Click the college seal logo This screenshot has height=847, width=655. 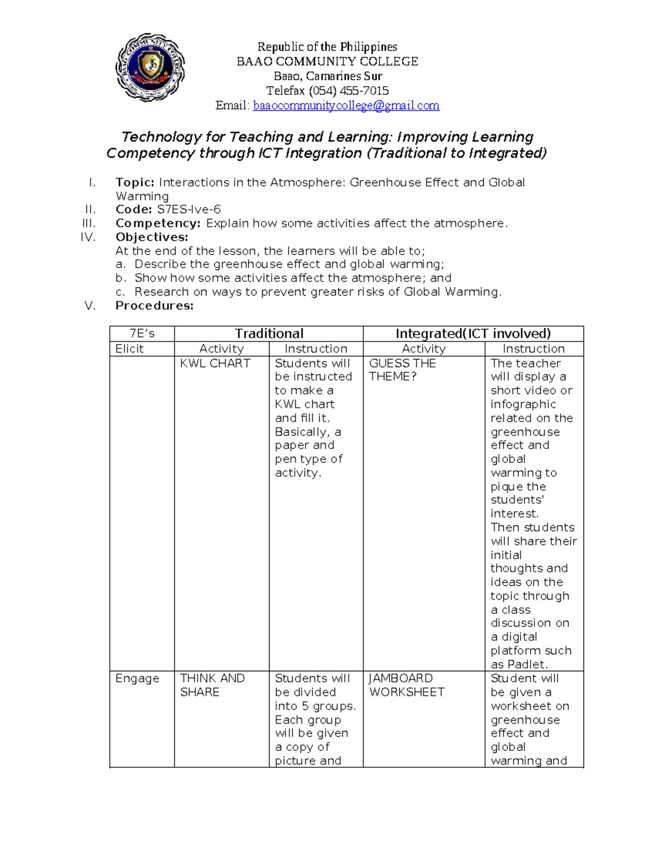(x=150, y=68)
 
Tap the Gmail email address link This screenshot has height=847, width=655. (x=346, y=105)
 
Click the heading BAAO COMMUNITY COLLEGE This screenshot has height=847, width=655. (x=327, y=61)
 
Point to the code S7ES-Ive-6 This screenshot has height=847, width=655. (x=189, y=209)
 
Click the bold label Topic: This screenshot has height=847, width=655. (x=135, y=182)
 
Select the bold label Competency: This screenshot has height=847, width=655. (x=158, y=223)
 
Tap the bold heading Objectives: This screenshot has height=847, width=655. (x=152, y=237)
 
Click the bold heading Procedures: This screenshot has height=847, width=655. (x=154, y=305)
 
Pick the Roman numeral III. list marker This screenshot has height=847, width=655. (x=88, y=223)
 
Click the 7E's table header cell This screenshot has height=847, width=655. (x=142, y=333)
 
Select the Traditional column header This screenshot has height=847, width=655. (x=269, y=333)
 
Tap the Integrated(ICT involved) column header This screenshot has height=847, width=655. (x=473, y=333)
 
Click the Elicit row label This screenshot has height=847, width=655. (x=129, y=349)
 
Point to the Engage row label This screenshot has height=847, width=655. (x=137, y=678)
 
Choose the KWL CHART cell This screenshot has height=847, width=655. (x=215, y=363)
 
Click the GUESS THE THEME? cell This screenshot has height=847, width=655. (x=402, y=370)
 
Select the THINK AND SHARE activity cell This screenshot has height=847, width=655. (x=212, y=685)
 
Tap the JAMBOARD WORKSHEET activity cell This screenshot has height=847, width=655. (x=407, y=685)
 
